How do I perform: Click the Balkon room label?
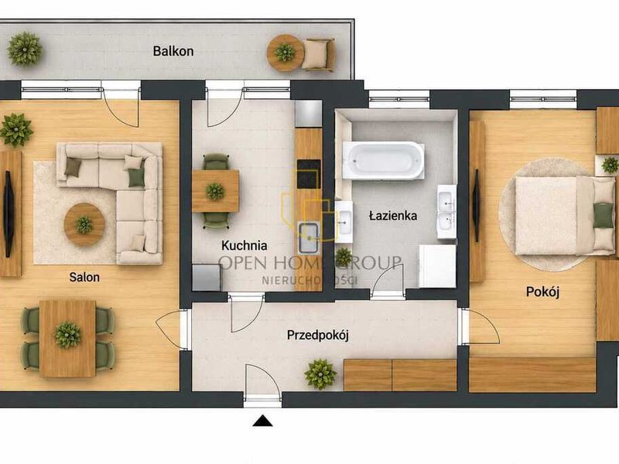coord(173,51)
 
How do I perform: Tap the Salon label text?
coord(84,277)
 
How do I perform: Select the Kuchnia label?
coord(244,245)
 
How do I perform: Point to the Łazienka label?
coord(393,216)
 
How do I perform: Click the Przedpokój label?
coord(318,336)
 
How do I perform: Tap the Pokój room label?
coord(543,292)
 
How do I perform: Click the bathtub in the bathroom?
coord(383,160)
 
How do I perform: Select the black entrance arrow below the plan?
coord(262,421)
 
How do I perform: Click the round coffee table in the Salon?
coord(84,224)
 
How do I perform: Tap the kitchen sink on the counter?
coord(309,238)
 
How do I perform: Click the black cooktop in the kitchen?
coord(308,174)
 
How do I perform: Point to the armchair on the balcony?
coord(319,54)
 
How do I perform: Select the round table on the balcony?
coord(285,53)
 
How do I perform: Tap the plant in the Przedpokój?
coord(320,374)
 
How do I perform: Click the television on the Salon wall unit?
coord(8,213)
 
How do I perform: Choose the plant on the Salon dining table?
coord(67,335)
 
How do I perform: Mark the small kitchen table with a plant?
coord(215,191)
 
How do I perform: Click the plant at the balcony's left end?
coord(25,49)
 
